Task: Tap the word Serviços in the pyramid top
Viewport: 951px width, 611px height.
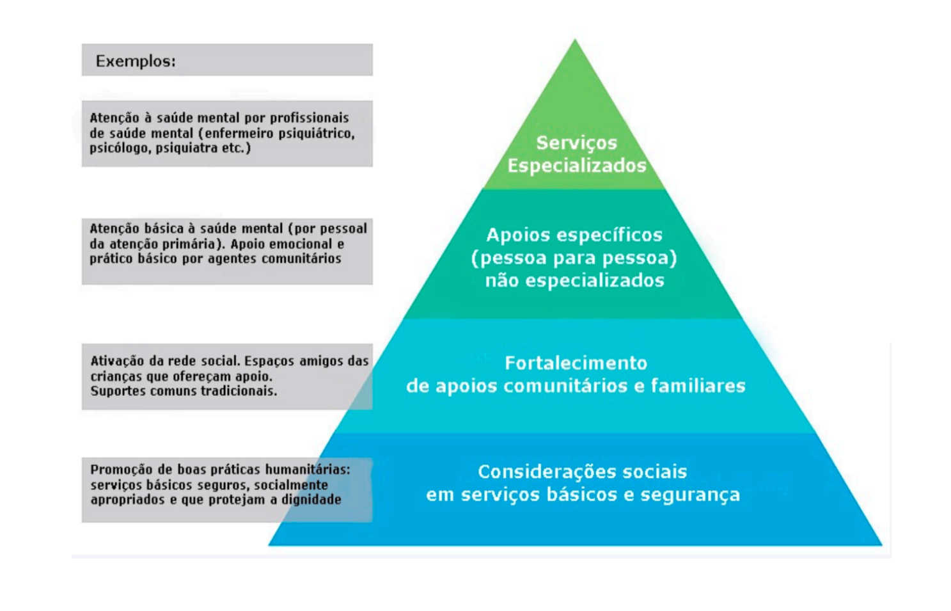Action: tap(576, 143)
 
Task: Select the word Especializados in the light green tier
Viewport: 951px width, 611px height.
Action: tap(577, 166)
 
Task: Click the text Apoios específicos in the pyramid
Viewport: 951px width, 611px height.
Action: tap(574, 235)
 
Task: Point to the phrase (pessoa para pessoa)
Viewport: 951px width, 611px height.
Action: tap(574, 258)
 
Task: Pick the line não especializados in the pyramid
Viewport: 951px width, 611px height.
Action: tap(575, 281)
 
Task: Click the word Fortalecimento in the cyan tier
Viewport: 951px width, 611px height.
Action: tap(576, 363)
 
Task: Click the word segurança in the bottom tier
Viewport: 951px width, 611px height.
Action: tap(690, 495)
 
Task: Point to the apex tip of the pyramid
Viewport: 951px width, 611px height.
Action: tap(575, 40)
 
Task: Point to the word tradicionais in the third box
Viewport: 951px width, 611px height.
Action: tap(239, 391)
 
